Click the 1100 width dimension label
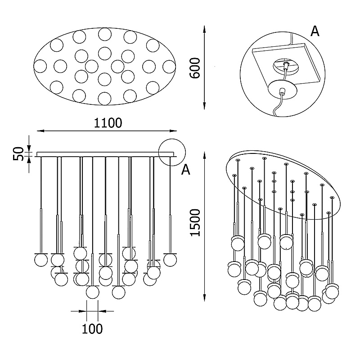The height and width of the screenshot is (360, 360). (108, 122)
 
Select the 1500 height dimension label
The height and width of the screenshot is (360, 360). (194, 223)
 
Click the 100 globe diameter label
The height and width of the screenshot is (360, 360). (92, 328)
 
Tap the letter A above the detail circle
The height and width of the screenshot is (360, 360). (315, 31)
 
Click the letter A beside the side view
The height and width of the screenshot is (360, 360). (186, 169)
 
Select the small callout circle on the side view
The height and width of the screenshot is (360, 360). (171, 151)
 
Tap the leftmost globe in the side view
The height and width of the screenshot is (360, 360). (41, 260)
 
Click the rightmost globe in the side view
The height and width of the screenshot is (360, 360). (170, 260)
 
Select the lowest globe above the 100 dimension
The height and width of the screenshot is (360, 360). (93, 292)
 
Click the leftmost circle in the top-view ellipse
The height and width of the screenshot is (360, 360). (41, 66)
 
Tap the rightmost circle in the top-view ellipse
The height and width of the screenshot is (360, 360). (169, 66)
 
